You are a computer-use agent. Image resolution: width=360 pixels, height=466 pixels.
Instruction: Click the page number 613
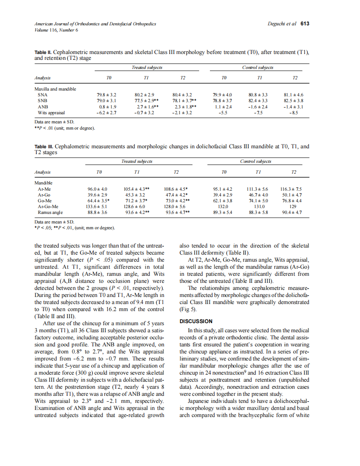point(305,24)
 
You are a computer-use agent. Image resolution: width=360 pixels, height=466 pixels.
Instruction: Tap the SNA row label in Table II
point(42,95)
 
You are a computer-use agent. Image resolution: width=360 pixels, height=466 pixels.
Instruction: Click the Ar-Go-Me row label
point(48,206)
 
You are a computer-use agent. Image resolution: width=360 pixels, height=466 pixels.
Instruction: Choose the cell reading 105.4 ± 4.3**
point(137,189)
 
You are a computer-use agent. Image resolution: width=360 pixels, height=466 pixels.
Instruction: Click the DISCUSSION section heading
point(196,321)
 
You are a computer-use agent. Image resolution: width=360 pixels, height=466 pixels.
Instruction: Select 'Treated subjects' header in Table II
point(147,67)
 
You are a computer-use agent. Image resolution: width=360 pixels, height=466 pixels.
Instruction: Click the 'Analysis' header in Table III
point(42,172)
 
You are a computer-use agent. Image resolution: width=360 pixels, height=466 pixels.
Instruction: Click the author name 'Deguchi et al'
point(282,24)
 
